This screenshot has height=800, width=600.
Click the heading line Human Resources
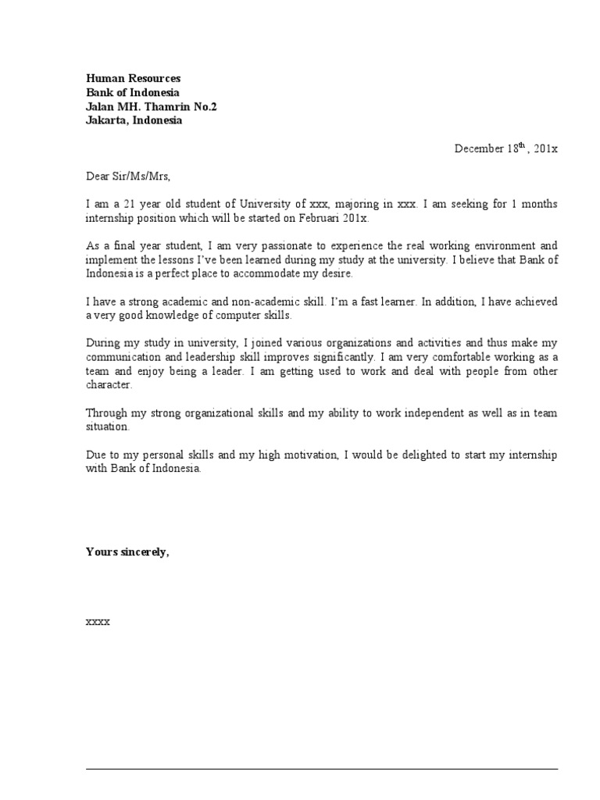tap(133, 78)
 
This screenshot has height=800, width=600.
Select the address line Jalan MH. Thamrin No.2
tap(152, 106)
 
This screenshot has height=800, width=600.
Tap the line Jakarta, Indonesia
tap(134, 120)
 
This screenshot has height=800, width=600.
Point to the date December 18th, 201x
tap(506, 148)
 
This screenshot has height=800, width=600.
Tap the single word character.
tap(109, 386)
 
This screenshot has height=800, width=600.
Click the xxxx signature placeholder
tap(98, 622)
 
